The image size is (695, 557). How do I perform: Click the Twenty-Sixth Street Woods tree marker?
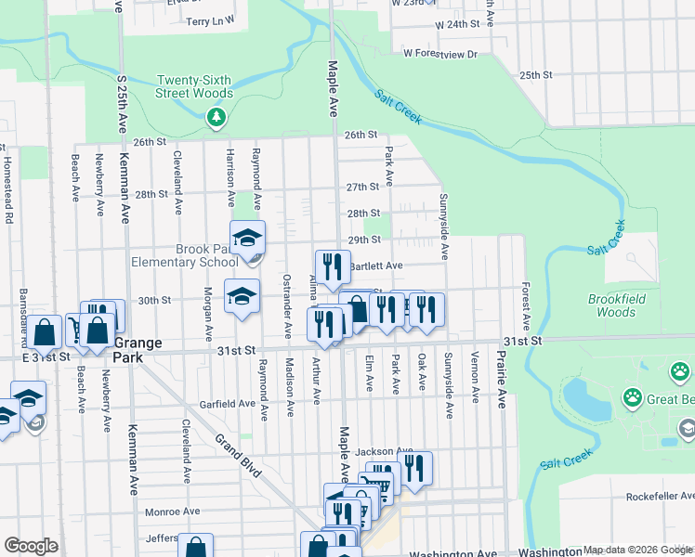[x=216, y=117]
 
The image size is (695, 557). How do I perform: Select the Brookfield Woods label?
[x=624, y=305]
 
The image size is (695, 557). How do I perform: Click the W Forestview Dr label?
[x=439, y=55]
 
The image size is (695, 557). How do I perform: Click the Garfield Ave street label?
[x=228, y=404]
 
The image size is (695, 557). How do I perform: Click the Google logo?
[x=31, y=546]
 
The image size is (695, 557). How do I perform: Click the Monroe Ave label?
[x=173, y=512]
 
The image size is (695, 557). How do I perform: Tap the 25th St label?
[x=536, y=74]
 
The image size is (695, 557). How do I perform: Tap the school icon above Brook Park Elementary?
[x=248, y=238]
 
